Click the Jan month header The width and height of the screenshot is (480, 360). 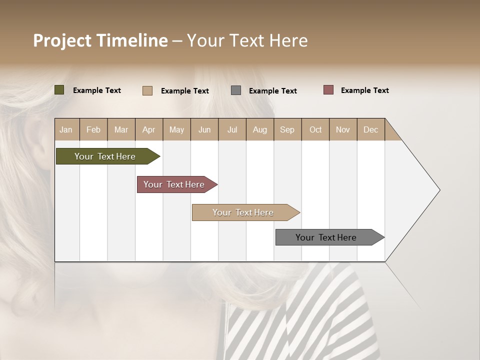[66, 129]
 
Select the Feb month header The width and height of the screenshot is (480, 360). [93, 129]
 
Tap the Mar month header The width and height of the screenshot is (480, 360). [121, 129]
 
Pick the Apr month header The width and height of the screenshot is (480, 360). [149, 129]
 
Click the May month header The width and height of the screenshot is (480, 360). [176, 129]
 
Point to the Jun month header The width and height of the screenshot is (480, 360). [204, 129]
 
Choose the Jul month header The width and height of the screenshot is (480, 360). [232, 129]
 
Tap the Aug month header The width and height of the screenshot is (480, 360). [260, 129]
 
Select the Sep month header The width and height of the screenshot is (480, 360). [287, 129]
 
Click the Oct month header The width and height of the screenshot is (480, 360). [315, 129]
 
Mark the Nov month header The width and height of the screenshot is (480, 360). [343, 129]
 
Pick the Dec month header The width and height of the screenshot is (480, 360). [371, 129]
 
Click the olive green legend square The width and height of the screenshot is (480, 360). [59, 90]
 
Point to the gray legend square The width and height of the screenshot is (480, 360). [236, 90]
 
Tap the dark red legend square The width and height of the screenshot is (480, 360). [328, 90]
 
